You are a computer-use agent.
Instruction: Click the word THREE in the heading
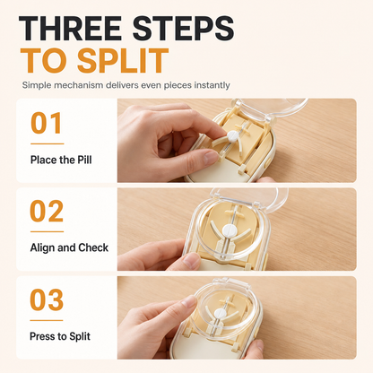click(70, 28)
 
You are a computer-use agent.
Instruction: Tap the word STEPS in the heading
click(183, 28)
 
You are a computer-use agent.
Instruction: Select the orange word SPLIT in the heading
click(123, 61)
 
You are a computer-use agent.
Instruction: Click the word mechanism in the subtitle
click(79, 85)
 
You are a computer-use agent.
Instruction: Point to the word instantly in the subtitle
click(212, 85)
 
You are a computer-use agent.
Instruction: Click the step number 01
click(47, 123)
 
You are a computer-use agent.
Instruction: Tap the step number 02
click(47, 212)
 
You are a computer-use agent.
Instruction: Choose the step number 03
click(47, 299)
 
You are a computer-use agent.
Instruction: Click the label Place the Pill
click(61, 160)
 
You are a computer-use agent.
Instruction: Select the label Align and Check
click(69, 247)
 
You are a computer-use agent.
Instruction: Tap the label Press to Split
click(60, 336)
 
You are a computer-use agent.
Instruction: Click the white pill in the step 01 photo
click(233, 136)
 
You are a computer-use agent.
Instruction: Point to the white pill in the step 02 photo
click(230, 230)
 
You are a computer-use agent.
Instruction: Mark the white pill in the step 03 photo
click(221, 314)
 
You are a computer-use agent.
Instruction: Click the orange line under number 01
click(48, 143)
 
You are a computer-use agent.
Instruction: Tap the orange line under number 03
click(47, 320)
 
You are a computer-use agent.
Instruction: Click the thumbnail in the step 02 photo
click(191, 261)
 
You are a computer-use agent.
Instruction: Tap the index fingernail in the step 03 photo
click(189, 300)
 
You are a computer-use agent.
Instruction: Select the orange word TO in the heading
click(45, 61)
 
